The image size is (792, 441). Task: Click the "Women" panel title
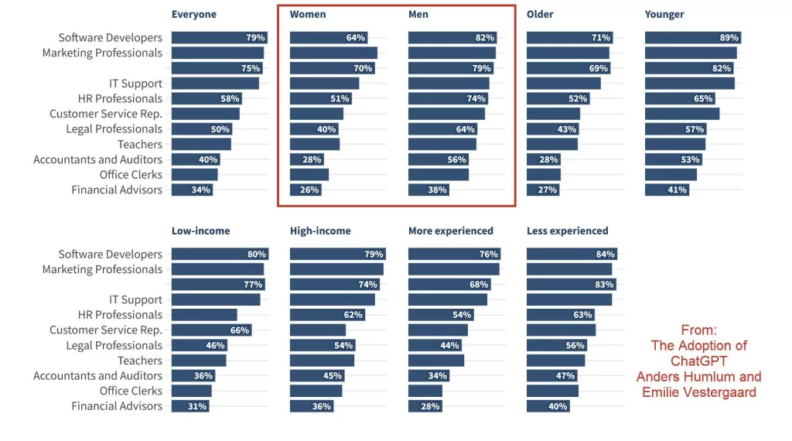click(x=308, y=14)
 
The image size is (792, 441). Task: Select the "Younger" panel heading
click(x=664, y=14)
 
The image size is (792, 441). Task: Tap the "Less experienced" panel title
click(x=567, y=231)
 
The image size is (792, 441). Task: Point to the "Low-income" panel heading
click(x=200, y=231)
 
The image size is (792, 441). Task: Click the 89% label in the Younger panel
click(x=729, y=38)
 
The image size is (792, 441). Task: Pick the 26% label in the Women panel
click(x=309, y=190)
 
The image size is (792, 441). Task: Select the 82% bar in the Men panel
click(x=452, y=38)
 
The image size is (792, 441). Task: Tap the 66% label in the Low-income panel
click(x=240, y=330)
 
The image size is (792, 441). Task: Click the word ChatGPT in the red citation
click(x=698, y=361)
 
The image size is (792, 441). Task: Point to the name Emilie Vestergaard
click(x=698, y=392)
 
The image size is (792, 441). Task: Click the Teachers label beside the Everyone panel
click(x=140, y=145)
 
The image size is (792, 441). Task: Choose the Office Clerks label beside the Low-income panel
click(x=131, y=391)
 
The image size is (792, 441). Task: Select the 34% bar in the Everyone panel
click(x=192, y=190)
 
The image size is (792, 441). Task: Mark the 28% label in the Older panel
click(x=548, y=159)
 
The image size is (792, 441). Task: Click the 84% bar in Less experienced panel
click(x=571, y=255)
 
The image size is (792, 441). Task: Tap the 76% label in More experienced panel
click(x=488, y=255)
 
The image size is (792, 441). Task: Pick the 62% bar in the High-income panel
click(x=327, y=315)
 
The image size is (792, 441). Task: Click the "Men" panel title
click(x=418, y=14)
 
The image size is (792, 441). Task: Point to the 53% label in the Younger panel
click(x=690, y=159)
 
